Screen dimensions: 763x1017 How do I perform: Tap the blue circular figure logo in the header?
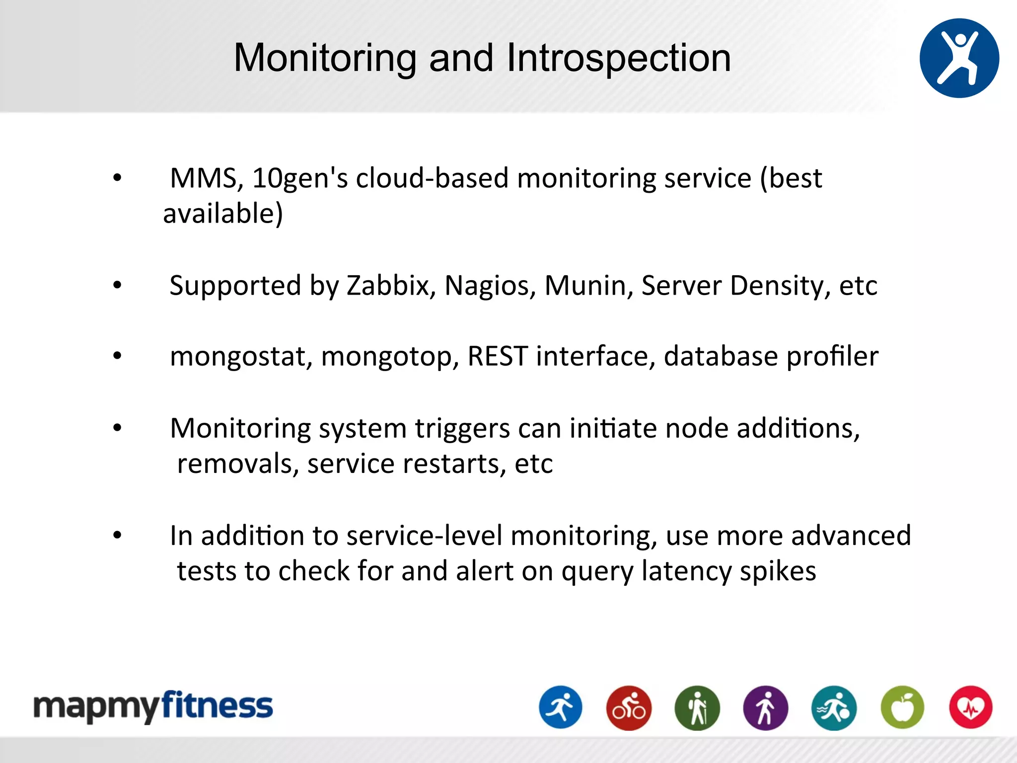(x=959, y=58)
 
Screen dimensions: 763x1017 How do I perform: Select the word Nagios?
(x=490, y=286)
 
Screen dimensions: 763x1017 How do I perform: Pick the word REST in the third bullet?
(x=497, y=356)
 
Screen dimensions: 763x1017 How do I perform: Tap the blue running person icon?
(x=561, y=707)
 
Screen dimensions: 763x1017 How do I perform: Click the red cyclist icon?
(x=629, y=708)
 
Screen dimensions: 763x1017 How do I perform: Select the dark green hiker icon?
(x=697, y=708)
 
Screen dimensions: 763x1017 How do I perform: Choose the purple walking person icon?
(x=765, y=708)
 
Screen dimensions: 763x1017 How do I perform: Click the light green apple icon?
(x=902, y=708)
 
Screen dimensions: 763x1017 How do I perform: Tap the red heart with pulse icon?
(x=970, y=707)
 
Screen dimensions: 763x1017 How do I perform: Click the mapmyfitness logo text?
(x=153, y=706)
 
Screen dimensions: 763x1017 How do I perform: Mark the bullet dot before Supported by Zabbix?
(x=117, y=285)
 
